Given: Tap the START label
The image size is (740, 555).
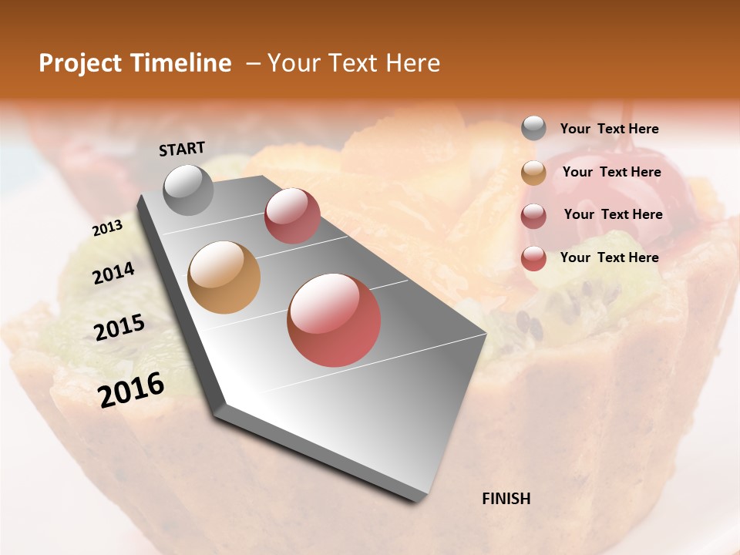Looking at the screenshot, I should (182, 148).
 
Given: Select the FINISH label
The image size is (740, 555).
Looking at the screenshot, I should (506, 499).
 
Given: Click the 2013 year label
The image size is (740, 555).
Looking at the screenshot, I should (108, 227).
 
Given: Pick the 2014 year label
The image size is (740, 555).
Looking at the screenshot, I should (114, 273).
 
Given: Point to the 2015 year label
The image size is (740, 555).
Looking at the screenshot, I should (119, 328).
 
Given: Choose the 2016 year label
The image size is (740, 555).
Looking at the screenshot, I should (131, 389).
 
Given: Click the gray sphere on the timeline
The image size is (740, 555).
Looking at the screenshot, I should (189, 190).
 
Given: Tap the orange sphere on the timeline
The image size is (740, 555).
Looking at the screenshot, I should (224, 277).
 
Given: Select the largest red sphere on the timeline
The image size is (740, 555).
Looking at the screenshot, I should (334, 320).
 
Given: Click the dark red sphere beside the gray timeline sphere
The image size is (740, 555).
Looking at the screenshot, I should (292, 216).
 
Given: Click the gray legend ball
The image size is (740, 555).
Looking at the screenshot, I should (533, 129).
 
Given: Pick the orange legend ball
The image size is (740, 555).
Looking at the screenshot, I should (533, 173).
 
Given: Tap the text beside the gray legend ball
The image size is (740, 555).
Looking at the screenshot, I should (609, 129).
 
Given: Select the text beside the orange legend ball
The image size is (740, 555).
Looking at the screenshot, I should (611, 173).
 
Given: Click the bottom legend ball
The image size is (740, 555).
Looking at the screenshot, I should (533, 258).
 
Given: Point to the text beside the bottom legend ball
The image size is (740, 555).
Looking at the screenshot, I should (609, 257).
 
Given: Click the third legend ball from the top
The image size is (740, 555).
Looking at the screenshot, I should (533, 215).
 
